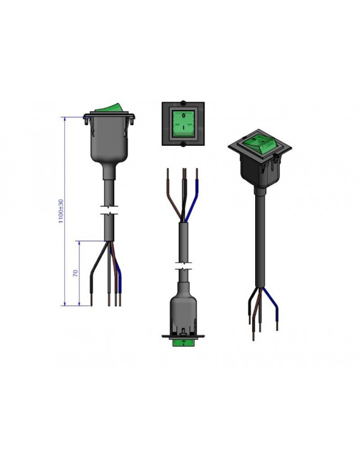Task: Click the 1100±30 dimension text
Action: pos(61,211)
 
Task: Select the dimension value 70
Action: pos(76,273)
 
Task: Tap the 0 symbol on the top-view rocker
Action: pos(184,115)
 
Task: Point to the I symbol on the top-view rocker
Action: pos(184,128)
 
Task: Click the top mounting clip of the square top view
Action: pos(183,104)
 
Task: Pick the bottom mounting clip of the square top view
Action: pos(183,145)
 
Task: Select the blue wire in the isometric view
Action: pos(272,305)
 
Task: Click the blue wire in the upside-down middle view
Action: pos(193,199)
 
